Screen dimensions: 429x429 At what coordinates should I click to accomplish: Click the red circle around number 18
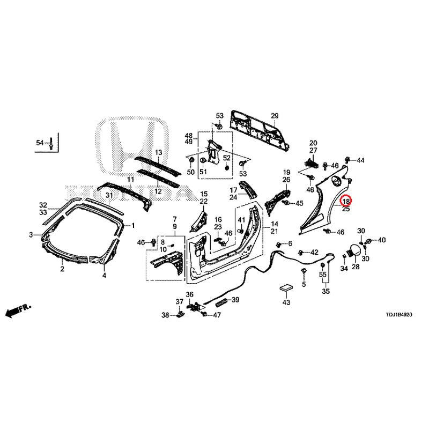(x=346, y=201)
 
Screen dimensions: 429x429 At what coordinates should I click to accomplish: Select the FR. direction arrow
(x=18, y=310)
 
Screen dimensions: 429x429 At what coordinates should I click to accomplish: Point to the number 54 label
(x=40, y=143)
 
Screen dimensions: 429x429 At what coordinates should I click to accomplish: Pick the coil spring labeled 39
(x=221, y=302)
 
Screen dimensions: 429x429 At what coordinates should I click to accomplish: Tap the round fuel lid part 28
(x=353, y=250)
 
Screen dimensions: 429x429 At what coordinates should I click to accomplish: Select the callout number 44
(x=360, y=160)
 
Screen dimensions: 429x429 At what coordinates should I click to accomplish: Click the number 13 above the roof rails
(x=159, y=152)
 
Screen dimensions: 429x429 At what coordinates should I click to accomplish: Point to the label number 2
(x=62, y=269)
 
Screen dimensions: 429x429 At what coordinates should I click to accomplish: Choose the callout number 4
(x=104, y=275)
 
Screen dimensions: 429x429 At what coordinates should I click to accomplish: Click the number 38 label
(x=165, y=315)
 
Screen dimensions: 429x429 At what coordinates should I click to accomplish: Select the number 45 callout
(x=299, y=203)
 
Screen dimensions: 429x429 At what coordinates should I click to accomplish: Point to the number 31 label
(x=109, y=196)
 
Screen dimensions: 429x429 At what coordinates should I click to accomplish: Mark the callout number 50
(x=191, y=172)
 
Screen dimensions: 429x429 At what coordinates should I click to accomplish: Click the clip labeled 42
(x=301, y=252)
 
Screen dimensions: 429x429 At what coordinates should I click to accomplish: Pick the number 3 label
(x=31, y=235)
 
